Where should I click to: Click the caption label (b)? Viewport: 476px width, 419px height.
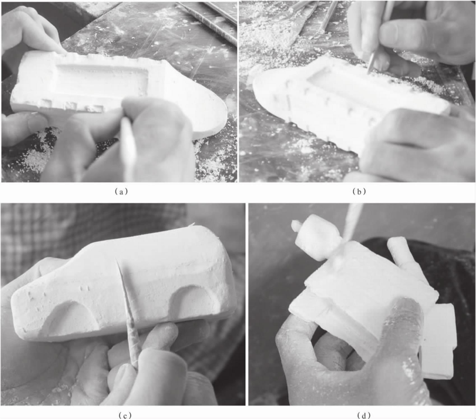pyautogui.click(x=359, y=192)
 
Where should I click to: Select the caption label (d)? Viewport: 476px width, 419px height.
pyautogui.click(x=364, y=415)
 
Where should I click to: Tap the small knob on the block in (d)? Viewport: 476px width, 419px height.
pyautogui.click(x=296, y=225)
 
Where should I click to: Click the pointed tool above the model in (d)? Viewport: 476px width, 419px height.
pyautogui.click(x=350, y=221)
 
